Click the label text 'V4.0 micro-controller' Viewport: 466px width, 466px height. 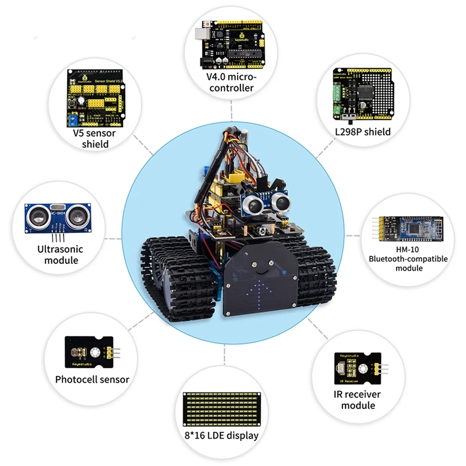[232, 82]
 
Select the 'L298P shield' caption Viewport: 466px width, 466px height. [362, 132]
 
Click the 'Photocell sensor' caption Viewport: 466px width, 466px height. [92, 380]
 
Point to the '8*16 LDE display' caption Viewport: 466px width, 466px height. [227, 435]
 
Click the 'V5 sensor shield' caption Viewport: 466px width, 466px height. [94, 138]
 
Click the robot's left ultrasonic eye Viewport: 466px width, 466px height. [253, 203]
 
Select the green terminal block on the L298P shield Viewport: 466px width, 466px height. [338, 96]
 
